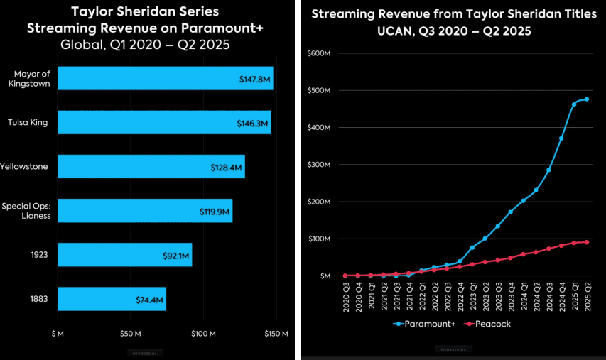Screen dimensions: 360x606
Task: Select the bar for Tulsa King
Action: (163, 122)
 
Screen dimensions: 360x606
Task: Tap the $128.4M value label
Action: (227, 168)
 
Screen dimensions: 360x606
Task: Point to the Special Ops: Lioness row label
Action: (26, 211)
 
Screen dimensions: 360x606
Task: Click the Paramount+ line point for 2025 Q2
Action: (587, 99)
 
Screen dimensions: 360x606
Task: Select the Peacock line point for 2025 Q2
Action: (587, 242)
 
